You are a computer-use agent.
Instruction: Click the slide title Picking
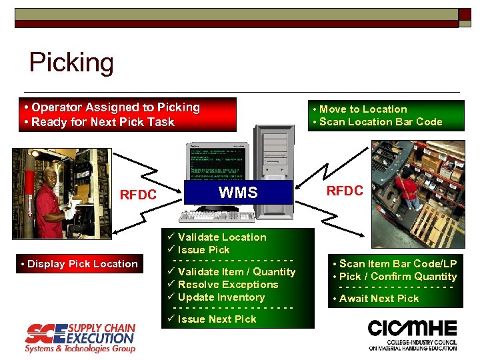(x=71, y=63)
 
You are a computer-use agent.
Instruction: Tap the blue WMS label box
(x=239, y=193)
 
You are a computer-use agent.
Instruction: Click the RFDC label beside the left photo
(x=138, y=195)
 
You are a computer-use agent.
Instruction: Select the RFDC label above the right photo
(x=344, y=191)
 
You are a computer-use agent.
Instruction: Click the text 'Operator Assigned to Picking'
(x=115, y=107)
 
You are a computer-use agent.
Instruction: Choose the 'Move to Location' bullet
(x=363, y=109)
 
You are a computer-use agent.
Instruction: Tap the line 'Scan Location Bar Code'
(x=381, y=121)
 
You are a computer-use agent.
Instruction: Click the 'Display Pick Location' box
(x=79, y=264)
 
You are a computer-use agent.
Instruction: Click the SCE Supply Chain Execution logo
(x=80, y=337)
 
